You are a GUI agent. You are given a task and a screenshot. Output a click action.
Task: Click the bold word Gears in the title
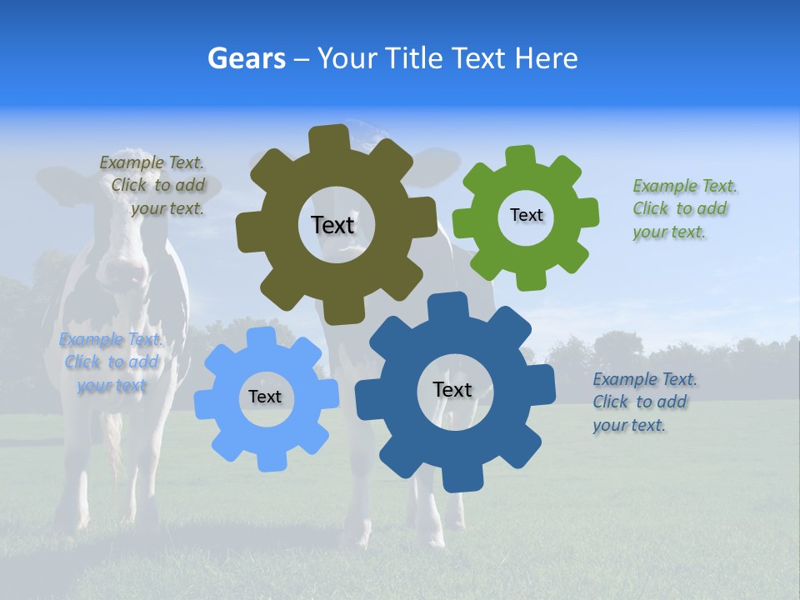pyautogui.click(x=247, y=58)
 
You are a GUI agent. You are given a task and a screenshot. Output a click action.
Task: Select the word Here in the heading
pyautogui.click(x=546, y=58)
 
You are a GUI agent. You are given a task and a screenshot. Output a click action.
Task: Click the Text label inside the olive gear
pyautogui.click(x=332, y=225)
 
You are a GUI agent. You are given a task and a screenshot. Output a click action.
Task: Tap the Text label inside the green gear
pyautogui.click(x=526, y=215)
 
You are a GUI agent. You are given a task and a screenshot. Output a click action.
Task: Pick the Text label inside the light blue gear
pyautogui.click(x=265, y=397)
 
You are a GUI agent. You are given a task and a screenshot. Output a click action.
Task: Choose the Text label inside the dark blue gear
pyautogui.click(x=452, y=389)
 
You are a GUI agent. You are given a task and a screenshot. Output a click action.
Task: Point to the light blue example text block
pyautogui.click(x=112, y=362)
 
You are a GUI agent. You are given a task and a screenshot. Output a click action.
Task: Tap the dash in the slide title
pyautogui.click(x=303, y=58)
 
